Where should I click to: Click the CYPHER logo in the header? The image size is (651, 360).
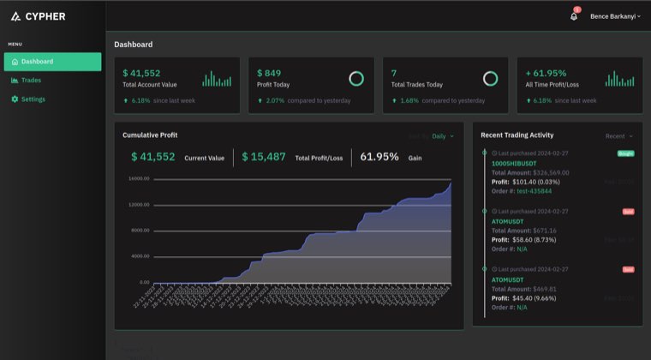pos(38,16)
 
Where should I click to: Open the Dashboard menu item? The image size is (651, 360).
pos(52,62)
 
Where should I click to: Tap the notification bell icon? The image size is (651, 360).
pos(574,16)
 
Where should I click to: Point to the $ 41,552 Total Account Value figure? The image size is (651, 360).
pos(141,74)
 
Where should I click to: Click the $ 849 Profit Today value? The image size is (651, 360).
pos(269,74)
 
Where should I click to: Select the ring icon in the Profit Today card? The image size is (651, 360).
pos(356,79)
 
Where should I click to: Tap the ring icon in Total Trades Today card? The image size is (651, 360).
pos(490,79)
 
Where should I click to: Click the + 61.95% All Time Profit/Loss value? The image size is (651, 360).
pos(546,74)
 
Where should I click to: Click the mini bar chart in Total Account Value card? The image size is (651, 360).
pos(217,79)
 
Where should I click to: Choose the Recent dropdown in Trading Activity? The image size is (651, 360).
pos(618,136)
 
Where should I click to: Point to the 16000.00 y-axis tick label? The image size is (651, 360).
pos(139,179)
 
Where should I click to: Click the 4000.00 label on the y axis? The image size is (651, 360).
pos(140,256)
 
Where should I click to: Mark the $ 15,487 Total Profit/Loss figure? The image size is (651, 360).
pos(264,157)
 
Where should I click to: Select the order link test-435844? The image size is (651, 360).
pos(534,190)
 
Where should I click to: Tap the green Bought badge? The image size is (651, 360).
pos(625,153)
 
